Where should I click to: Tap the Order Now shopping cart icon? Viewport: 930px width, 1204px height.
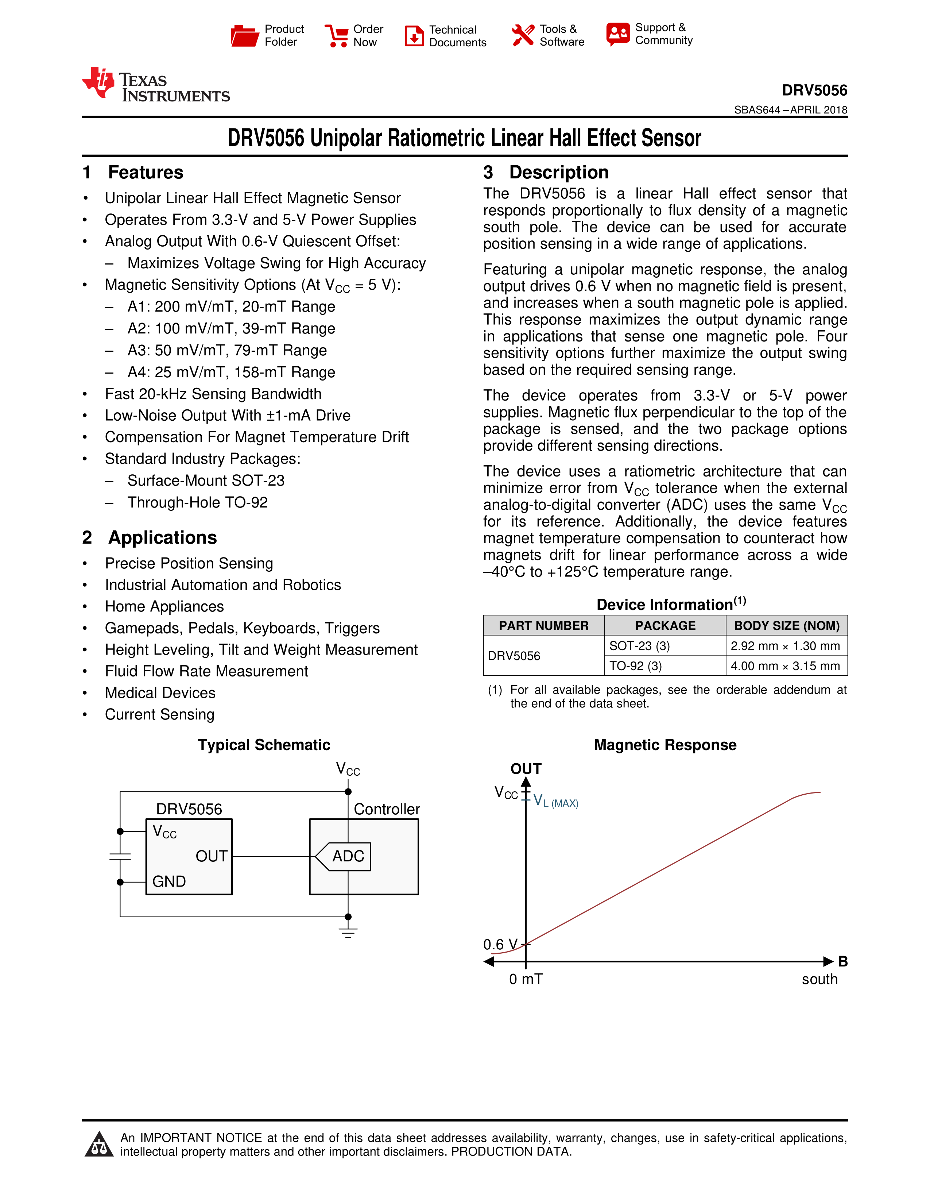click(x=337, y=36)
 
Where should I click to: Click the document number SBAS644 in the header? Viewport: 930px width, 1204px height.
click(x=756, y=110)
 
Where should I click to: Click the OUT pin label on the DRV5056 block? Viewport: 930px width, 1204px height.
click(x=211, y=856)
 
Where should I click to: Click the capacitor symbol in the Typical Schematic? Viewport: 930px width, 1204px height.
click(x=120, y=856)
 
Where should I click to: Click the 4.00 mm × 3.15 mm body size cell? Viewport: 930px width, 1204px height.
click(x=785, y=666)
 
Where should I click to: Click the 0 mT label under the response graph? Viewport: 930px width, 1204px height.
click(x=526, y=979)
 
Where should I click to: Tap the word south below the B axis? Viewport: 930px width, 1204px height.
click(x=819, y=979)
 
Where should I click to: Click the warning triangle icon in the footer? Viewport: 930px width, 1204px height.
click(x=99, y=1145)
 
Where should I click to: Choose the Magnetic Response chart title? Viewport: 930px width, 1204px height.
click(x=665, y=745)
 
